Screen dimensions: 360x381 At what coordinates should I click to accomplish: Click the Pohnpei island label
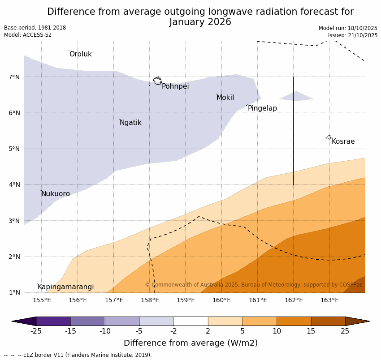point(175,86)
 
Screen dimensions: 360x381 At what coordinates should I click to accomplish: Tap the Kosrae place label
point(343,141)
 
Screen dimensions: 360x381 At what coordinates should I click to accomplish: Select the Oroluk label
point(80,54)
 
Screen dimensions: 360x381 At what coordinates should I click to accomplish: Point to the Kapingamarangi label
point(65,287)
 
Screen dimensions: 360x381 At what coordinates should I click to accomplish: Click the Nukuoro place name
point(56,194)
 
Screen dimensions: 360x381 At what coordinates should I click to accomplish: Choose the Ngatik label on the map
point(130,123)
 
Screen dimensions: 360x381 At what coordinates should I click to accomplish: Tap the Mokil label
point(225,98)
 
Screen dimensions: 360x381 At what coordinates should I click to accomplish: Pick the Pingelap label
point(262,108)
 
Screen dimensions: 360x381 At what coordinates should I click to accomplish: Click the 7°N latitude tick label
point(14,77)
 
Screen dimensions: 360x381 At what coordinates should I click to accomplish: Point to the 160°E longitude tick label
point(221,300)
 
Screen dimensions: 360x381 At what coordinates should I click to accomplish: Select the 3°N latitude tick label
point(14,221)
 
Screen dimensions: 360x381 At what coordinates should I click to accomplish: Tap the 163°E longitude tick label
point(329,300)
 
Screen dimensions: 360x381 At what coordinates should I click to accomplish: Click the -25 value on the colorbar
point(36,331)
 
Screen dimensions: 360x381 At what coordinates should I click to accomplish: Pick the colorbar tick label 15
point(311,331)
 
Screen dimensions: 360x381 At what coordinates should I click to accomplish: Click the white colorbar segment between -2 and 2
point(190,321)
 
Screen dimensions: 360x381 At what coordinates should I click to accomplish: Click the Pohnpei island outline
point(157,81)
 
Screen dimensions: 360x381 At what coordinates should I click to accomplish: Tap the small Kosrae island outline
point(329,137)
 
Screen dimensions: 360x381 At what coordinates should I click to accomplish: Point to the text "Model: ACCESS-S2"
point(28,35)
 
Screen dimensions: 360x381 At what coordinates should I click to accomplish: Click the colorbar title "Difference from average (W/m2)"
point(190,343)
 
